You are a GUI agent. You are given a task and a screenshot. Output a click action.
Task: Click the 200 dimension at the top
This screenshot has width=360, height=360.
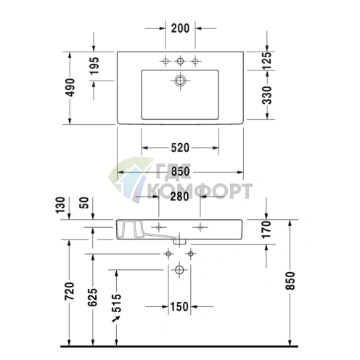pyautogui.click(x=180, y=28)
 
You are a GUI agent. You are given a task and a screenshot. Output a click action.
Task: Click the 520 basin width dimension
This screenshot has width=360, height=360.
pyautogui.click(x=180, y=147)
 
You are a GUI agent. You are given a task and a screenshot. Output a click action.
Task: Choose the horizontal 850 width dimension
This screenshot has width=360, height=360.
pyautogui.click(x=180, y=171)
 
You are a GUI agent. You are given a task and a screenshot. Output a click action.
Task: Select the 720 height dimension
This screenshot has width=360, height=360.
pyautogui.click(x=70, y=289)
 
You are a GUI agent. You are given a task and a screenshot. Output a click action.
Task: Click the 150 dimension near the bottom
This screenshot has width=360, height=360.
pyautogui.click(x=180, y=306)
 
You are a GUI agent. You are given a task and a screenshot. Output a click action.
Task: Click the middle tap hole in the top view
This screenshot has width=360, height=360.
pyautogui.click(x=180, y=59)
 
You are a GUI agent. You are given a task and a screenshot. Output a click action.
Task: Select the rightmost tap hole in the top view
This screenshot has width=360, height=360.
pyautogui.click(x=195, y=59)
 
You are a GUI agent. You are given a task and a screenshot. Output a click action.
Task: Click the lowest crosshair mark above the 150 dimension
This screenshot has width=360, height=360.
pyautogui.click(x=180, y=270)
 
